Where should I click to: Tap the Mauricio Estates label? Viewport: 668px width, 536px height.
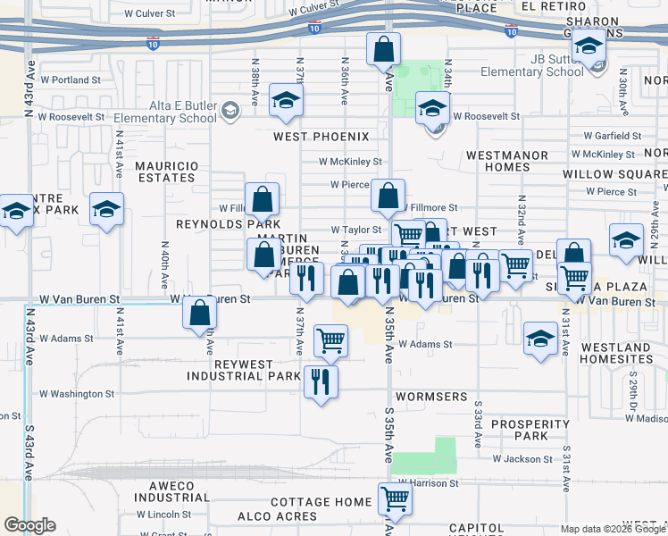click(165, 172)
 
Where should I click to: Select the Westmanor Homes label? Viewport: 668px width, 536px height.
click(507, 162)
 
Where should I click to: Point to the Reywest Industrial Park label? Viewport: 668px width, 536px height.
click(244, 370)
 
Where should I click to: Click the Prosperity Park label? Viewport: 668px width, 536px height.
click(519, 430)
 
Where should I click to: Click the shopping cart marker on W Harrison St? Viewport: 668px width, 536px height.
click(394, 498)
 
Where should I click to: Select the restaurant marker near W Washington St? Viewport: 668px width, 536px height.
click(320, 381)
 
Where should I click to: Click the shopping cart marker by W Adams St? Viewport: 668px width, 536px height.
click(330, 340)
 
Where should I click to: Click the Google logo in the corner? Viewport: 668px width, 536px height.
click(29, 525)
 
